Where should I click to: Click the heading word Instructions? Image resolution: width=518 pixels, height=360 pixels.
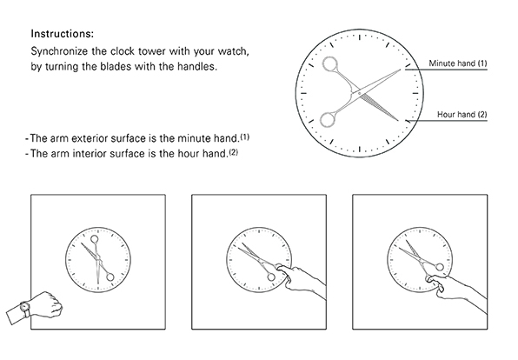point(62,34)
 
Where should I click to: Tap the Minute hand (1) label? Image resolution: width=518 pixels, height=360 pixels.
point(457,63)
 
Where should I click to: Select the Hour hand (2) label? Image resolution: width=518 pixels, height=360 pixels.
point(462,115)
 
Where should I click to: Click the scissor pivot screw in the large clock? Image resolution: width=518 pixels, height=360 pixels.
point(360,94)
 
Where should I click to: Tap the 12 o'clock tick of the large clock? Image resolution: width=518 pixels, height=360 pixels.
point(360,37)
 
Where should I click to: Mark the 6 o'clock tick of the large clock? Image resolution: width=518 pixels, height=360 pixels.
point(360,149)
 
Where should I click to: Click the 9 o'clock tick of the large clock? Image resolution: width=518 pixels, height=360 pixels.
point(303,93)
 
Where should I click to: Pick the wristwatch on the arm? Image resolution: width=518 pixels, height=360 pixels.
point(25,309)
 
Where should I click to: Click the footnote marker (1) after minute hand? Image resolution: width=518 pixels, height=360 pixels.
point(245,137)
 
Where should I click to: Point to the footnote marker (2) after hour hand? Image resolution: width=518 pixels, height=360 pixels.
point(233,152)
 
